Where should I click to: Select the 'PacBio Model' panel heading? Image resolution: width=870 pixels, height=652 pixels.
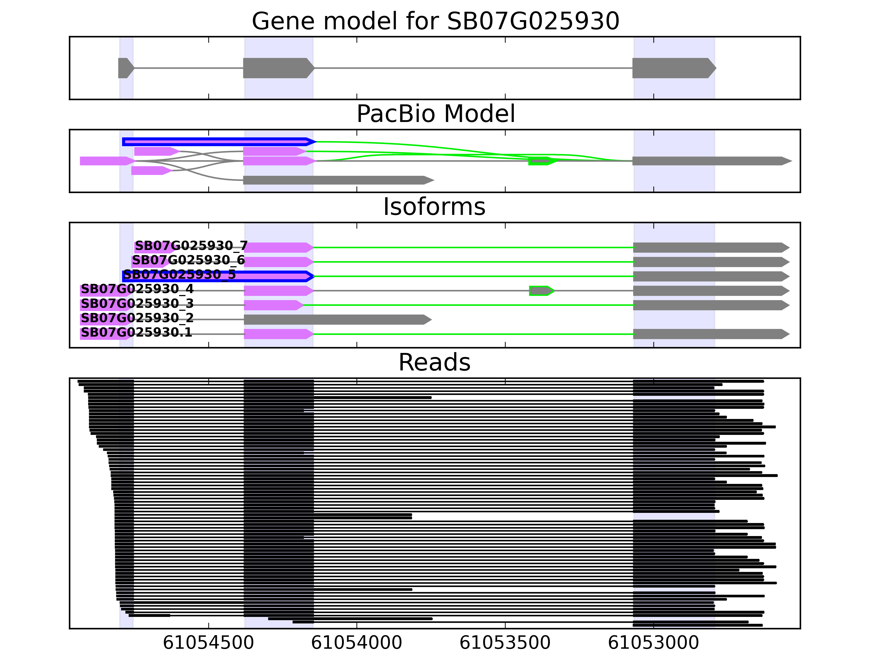pyautogui.click(x=435, y=114)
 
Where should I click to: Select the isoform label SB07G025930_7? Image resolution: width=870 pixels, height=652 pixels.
pyautogui.click(x=191, y=246)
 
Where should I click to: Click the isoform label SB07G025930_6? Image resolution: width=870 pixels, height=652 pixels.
pyautogui.click(x=188, y=260)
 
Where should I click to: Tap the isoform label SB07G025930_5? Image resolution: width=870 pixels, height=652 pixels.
pyautogui.click(x=179, y=275)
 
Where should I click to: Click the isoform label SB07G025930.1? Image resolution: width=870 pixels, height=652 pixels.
pyautogui.click(x=136, y=333)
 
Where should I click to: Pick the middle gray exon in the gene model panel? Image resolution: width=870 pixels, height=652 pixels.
pyautogui.click(x=278, y=68)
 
